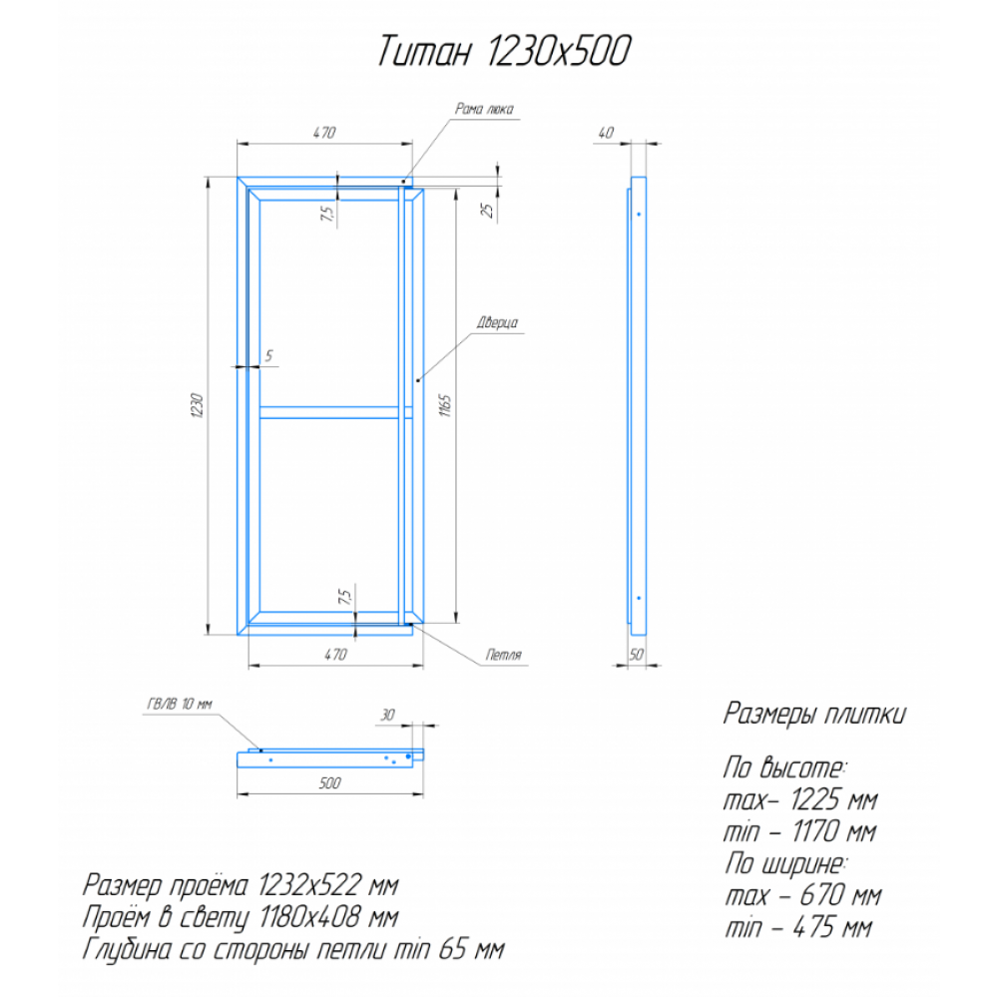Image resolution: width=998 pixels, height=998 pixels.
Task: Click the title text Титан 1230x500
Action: click(x=504, y=51)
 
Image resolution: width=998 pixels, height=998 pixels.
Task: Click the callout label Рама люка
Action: click(x=484, y=109)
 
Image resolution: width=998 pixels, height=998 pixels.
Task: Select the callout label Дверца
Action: click(x=498, y=322)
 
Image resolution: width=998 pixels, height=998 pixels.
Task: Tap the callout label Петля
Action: click(x=503, y=655)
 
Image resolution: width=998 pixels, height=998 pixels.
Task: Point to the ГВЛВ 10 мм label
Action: click(x=180, y=704)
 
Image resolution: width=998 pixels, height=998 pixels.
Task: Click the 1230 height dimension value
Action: click(x=197, y=405)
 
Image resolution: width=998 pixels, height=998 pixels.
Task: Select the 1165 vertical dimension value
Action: click(x=445, y=405)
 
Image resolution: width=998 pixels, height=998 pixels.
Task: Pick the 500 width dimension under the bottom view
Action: click(x=329, y=782)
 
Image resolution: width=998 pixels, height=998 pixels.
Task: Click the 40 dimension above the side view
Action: click(x=606, y=133)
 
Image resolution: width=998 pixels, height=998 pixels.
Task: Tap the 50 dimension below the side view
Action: click(x=637, y=655)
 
